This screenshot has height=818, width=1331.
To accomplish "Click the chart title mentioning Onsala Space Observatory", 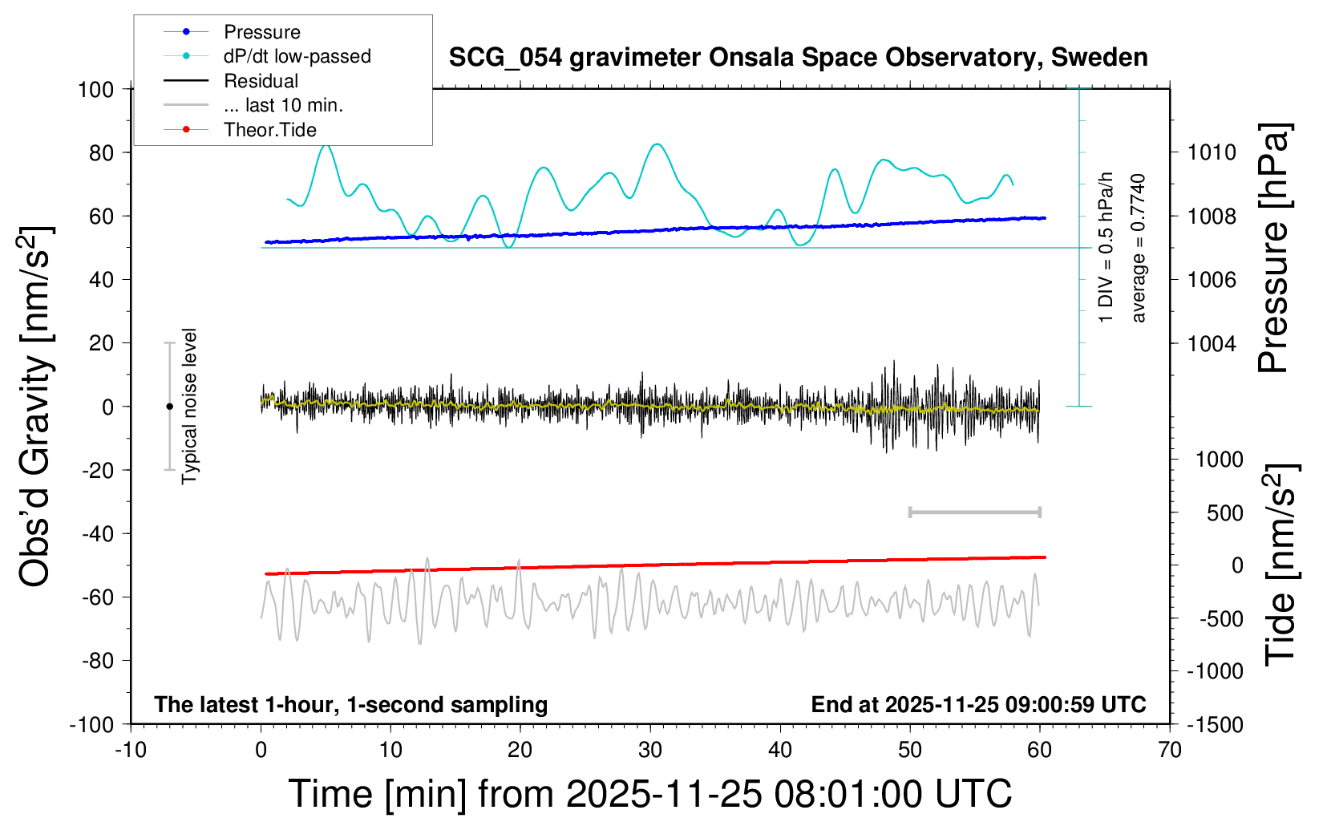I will coord(798,58).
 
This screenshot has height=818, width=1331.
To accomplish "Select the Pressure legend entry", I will coord(261,32).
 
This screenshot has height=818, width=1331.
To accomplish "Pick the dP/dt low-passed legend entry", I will coord(297,56).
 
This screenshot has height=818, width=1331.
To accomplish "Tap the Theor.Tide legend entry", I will coord(269,130).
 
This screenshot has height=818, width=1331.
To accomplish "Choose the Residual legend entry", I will coord(261,81).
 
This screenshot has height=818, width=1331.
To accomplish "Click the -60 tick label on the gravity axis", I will coord(97,597).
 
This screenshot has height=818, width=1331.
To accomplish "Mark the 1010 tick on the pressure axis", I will coord(1212,152).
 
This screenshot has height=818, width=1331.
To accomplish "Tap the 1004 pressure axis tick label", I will coord(1212,343).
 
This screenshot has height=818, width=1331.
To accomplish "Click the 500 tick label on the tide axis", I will coord(1224,512).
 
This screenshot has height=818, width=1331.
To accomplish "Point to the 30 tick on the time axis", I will coord(650,750).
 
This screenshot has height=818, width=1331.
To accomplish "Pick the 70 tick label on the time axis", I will coord(1170,750).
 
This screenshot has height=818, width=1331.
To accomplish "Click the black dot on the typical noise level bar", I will coord(169,407).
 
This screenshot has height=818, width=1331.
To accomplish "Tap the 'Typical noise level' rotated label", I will coord(189,406).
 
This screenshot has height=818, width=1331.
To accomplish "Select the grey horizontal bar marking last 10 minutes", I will coord(974,512).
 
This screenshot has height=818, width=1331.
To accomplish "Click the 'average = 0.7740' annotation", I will coord(1139,248).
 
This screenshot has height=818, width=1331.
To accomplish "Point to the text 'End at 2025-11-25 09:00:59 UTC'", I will coord(978,704).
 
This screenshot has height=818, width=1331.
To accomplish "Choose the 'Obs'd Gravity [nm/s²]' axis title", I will coord(36,406).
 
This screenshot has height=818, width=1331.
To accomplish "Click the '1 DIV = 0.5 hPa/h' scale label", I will coord(1106,247).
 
